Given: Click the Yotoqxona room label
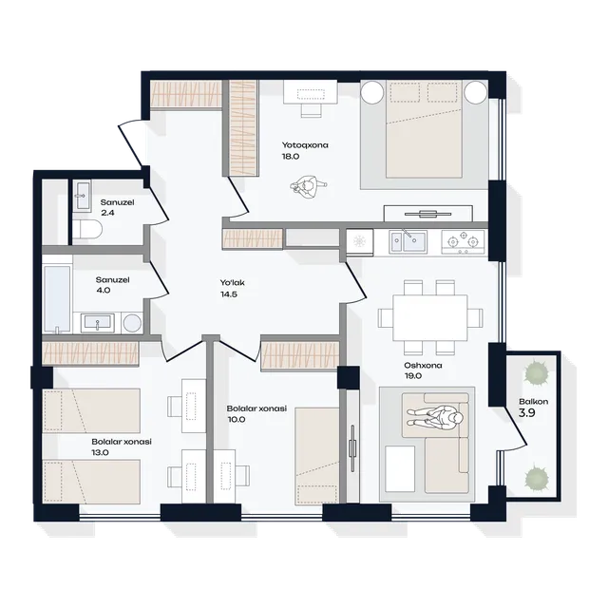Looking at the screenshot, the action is (x=305, y=145).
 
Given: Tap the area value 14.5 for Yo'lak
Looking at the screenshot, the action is (x=229, y=294).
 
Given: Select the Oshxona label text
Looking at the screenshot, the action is (x=423, y=365).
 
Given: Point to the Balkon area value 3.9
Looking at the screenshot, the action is (x=526, y=413).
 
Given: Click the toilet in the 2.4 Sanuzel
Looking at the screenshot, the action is (x=87, y=229).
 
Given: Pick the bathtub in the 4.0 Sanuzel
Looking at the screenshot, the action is (x=57, y=298).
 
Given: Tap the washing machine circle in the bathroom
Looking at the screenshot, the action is (x=132, y=323).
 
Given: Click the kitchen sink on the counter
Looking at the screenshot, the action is (x=408, y=242).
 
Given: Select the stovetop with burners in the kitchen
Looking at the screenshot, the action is (x=463, y=242).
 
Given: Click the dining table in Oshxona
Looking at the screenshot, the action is (x=430, y=317).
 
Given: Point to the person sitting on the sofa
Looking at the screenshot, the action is (x=435, y=418).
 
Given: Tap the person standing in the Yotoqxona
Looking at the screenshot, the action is (x=308, y=186).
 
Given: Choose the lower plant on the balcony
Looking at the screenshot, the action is (x=536, y=477).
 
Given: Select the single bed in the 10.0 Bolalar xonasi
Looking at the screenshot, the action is (x=317, y=456).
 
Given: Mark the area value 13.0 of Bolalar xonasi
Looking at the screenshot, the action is (x=100, y=452).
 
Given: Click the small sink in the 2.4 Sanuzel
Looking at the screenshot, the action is (x=82, y=196).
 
